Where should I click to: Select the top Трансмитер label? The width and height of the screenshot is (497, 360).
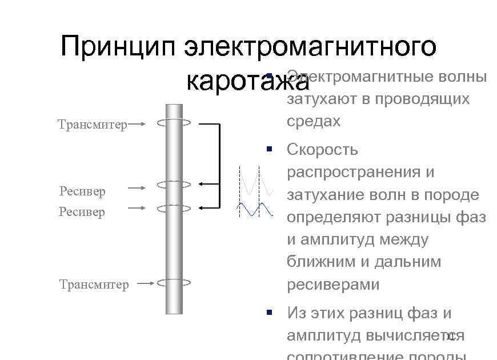(x=93, y=125)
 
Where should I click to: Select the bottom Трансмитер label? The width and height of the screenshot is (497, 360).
(x=94, y=284)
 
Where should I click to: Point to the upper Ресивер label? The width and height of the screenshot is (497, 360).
(x=82, y=191)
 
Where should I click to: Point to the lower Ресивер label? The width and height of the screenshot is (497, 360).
(x=82, y=211)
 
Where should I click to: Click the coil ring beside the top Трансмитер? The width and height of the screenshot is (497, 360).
(x=174, y=122)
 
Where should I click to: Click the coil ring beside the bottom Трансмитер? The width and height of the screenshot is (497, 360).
(x=174, y=282)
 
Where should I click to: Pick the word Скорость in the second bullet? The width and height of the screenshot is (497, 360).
(x=322, y=150)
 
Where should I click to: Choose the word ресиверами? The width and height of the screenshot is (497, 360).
(x=333, y=285)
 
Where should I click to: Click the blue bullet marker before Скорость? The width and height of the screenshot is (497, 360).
(x=269, y=149)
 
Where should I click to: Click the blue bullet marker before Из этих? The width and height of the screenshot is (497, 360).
(x=269, y=312)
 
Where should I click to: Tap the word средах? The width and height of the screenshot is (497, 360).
(x=314, y=121)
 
